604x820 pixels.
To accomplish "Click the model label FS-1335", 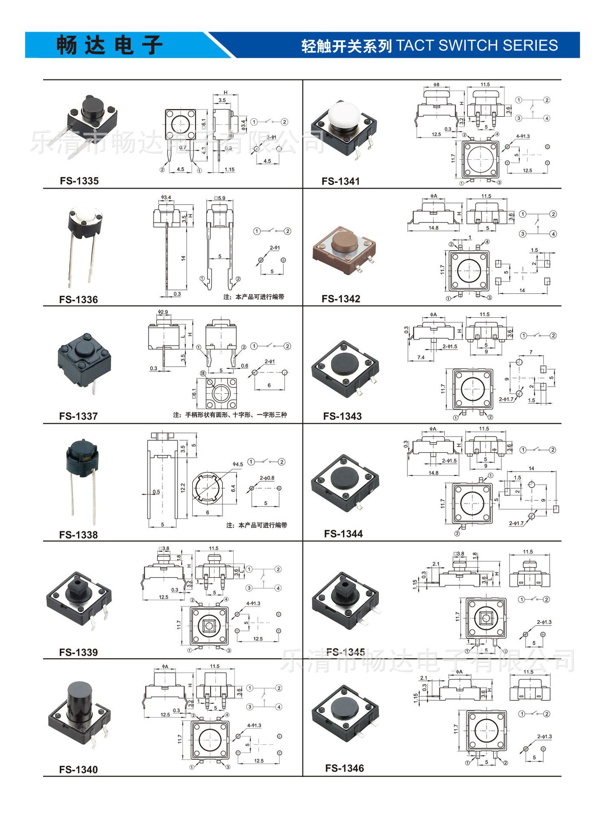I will pos(79,181).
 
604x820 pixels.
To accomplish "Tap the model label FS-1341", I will pos(340,181).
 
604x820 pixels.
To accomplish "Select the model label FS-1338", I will pos(78,535).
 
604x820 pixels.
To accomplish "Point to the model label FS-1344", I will pos(343,533).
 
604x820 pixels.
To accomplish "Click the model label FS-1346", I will pos(344,768).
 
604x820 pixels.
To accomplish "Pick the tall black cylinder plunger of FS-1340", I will pos(79,700).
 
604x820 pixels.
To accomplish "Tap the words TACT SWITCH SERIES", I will pos(477,45).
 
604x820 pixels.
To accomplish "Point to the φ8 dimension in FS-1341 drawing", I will pos(436,85).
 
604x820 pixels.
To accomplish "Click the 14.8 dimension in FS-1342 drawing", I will pos(433,228).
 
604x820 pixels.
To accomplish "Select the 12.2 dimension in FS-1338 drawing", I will pos(183,488).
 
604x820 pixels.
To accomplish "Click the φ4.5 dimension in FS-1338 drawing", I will pos(237,464).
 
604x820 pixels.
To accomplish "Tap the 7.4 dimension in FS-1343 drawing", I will pos(421,357).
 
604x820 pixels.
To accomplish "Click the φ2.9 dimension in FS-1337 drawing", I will pos(163,312).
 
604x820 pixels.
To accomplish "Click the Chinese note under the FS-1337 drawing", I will pos(230,415).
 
